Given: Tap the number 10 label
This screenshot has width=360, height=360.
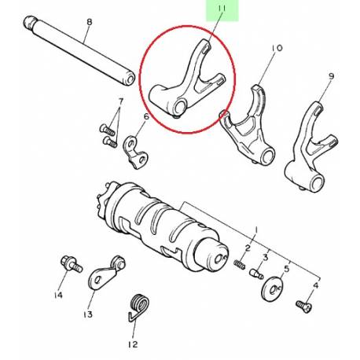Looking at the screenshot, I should click(276, 49).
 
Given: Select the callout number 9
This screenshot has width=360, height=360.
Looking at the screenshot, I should click(331, 76).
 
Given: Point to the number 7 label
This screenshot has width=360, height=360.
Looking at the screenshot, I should click(120, 101).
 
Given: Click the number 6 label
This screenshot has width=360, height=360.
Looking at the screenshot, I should click(145, 117).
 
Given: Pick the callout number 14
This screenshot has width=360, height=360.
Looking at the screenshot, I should click(57, 296).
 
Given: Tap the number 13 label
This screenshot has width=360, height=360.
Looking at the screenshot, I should click(87, 314).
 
